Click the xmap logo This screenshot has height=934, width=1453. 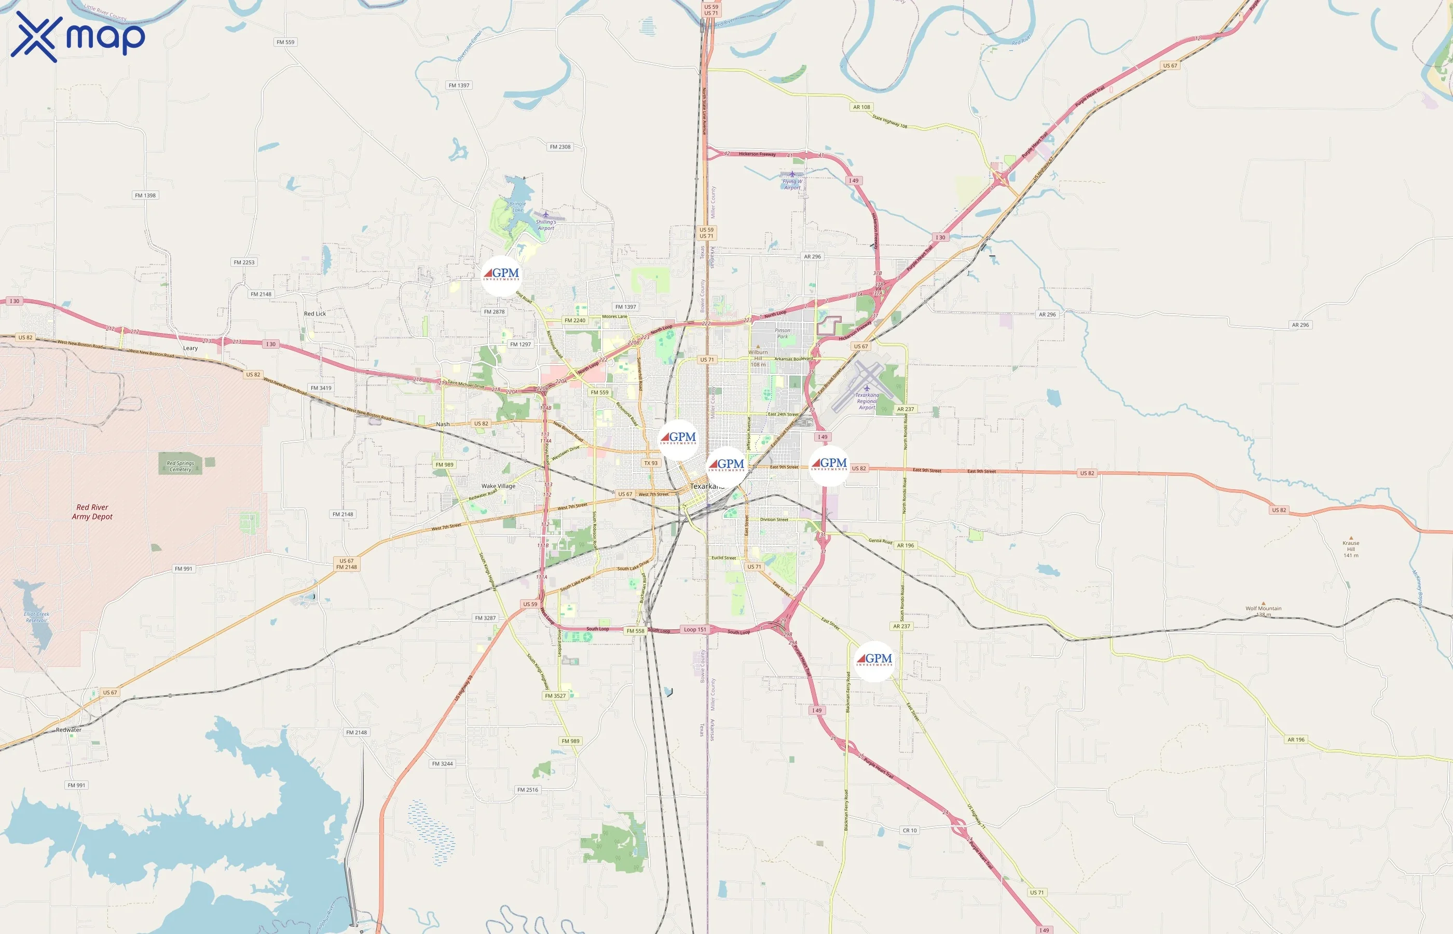tap(78, 36)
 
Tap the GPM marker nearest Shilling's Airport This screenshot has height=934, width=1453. tap(501, 276)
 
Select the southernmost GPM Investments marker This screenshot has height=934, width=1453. tap(874, 661)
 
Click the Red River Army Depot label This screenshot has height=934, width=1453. tap(92, 512)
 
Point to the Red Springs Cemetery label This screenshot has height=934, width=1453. tap(180, 466)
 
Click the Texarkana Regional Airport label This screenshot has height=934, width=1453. tap(867, 401)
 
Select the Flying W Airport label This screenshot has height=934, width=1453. tap(792, 184)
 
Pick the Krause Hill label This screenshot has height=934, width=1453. tap(1351, 549)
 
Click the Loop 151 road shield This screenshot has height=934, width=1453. tap(694, 629)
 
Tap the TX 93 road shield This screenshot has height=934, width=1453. tap(651, 463)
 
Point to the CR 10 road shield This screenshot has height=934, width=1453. tap(910, 830)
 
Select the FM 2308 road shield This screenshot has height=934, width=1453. tap(560, 147)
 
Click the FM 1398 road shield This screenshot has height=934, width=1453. tap(145, 195)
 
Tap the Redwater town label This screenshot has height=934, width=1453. tap(68, 730)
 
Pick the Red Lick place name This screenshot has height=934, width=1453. tap(315, 313)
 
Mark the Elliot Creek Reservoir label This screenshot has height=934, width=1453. tap(36, 617)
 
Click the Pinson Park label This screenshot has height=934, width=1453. tap(783, 334)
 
